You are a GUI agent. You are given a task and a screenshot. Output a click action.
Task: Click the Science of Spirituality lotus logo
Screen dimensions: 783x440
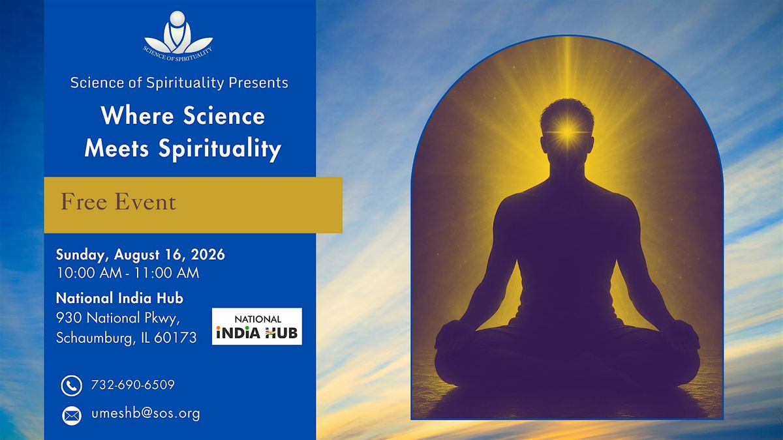(x=178, y=36)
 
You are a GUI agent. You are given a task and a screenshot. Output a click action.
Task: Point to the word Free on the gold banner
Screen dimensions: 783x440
(x=84, y=202)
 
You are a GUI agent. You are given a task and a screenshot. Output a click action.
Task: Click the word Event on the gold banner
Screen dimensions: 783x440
(x=146, y=202)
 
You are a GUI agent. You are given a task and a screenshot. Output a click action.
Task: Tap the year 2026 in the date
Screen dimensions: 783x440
(x=207, y=254)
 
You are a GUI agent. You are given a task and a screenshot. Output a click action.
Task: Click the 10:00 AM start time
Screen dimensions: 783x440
(x=89, y=272)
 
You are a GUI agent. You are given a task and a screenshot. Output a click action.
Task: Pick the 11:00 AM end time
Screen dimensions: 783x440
(x=166, y=272)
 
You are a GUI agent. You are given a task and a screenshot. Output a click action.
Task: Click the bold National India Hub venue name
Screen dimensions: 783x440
(x=119, y=299)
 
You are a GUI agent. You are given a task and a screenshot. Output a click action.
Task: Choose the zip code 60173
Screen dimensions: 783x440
(x=176, y=338)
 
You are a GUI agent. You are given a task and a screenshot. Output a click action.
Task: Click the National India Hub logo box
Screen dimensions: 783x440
(x=257, y=326)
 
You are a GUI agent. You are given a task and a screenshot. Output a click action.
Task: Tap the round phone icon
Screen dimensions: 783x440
(x=72, y=385)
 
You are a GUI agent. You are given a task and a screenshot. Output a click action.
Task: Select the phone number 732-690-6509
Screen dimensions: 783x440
(x=133, y=385)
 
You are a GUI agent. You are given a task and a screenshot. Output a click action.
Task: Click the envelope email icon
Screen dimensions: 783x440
(x=72, y=416)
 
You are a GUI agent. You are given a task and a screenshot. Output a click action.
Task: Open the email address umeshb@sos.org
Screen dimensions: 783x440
(x=146, y=413)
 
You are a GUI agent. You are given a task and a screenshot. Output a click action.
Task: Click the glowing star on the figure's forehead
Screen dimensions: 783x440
(x=568, y=132)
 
